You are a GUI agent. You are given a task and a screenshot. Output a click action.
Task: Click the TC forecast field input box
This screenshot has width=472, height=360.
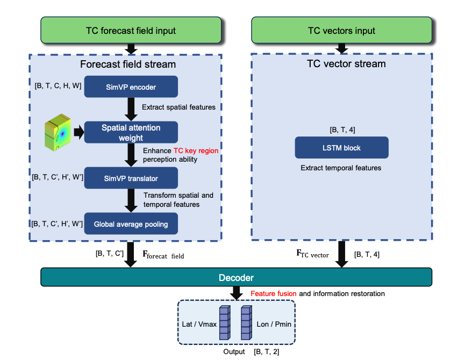coord(131,30)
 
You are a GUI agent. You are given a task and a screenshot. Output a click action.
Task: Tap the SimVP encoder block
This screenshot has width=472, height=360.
coord(131,87)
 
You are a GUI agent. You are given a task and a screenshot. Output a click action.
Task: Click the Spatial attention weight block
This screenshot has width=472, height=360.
coord(131,132)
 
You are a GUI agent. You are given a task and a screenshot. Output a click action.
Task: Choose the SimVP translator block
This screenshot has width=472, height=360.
coord(131,178)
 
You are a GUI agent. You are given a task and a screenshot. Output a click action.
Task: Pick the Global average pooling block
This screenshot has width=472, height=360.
coord(131,224)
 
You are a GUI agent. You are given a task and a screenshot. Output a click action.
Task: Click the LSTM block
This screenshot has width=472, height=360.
coord(341,147)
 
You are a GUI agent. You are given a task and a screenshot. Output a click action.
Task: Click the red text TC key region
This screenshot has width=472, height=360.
coord(196,151)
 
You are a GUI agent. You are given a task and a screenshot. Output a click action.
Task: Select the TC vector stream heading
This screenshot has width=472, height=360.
coord(341,64)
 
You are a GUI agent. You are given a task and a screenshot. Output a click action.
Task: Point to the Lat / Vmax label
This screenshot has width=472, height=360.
coord(198,324)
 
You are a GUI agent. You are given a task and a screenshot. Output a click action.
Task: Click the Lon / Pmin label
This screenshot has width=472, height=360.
coord(274,324)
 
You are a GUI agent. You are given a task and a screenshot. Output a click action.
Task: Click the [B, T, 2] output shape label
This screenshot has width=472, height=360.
coord(267,352)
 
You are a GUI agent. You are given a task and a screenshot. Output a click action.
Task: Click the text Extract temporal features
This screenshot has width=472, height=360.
coord(341,168)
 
